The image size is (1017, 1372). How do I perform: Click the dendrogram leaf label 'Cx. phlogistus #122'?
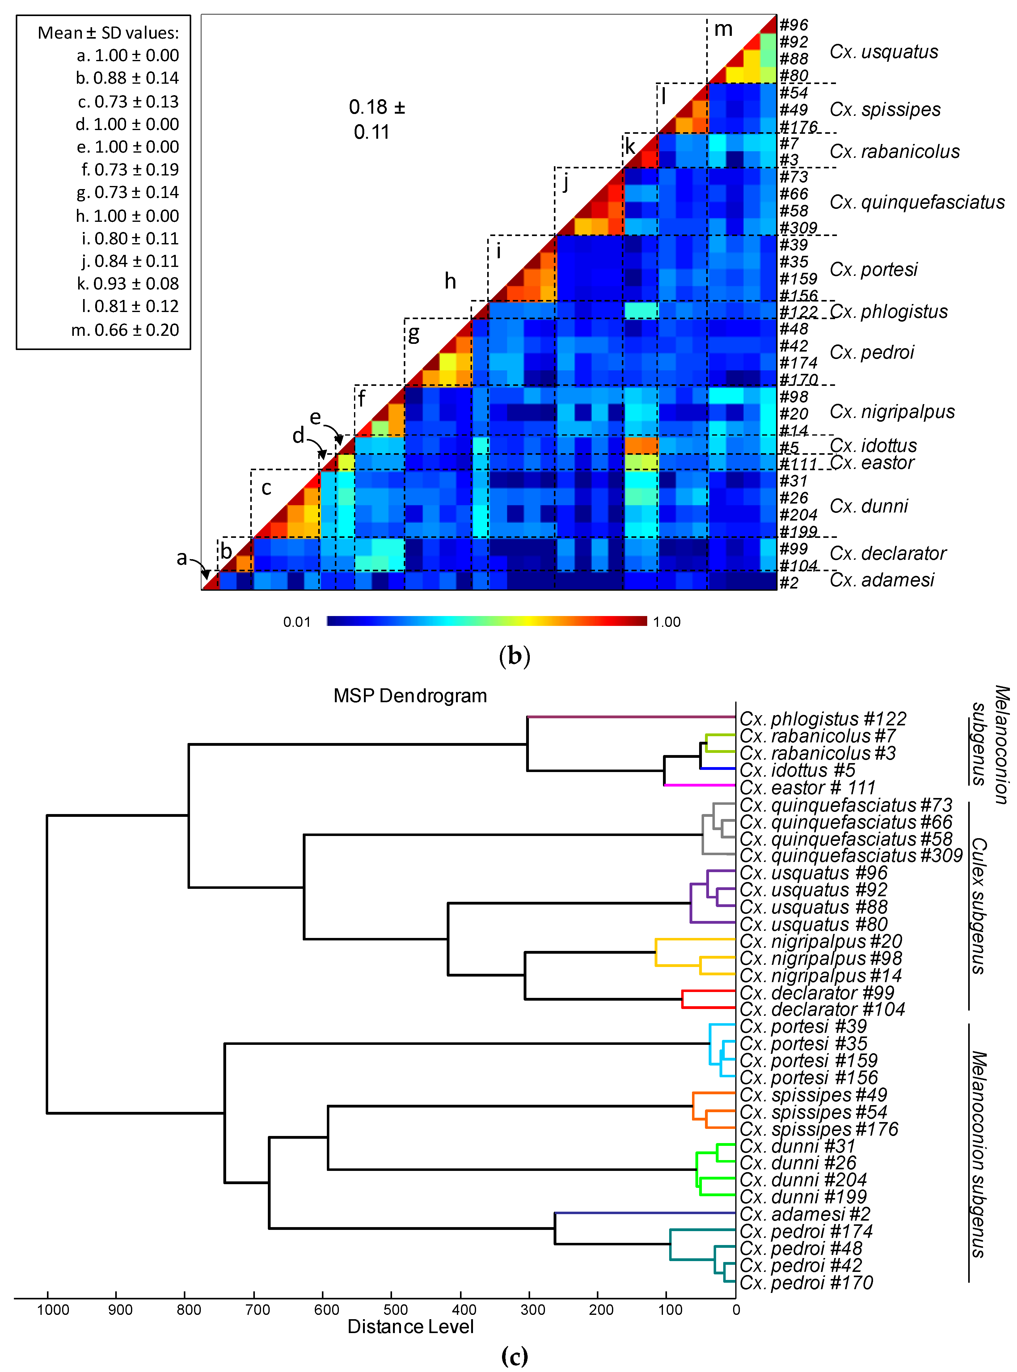tap(822, 719)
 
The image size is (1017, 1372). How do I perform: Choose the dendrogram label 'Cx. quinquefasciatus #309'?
tap(851, 855)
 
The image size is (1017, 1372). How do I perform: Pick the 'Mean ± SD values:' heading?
tap(108, 33)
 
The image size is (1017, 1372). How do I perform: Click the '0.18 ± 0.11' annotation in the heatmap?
tap(376, 120)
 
